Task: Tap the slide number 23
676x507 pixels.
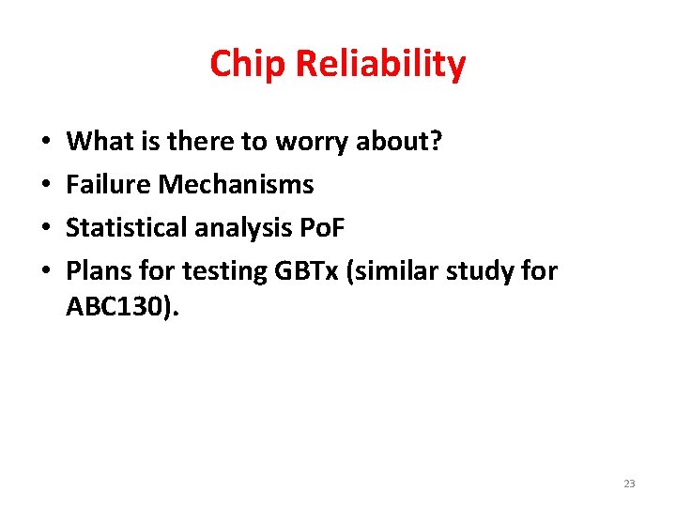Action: coord(628,484)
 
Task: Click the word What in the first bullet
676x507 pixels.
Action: coord(96,142)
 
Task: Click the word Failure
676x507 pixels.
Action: coord(108,185)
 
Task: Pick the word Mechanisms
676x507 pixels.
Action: coord(236,185)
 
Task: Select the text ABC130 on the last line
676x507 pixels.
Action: coord(112,307)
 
